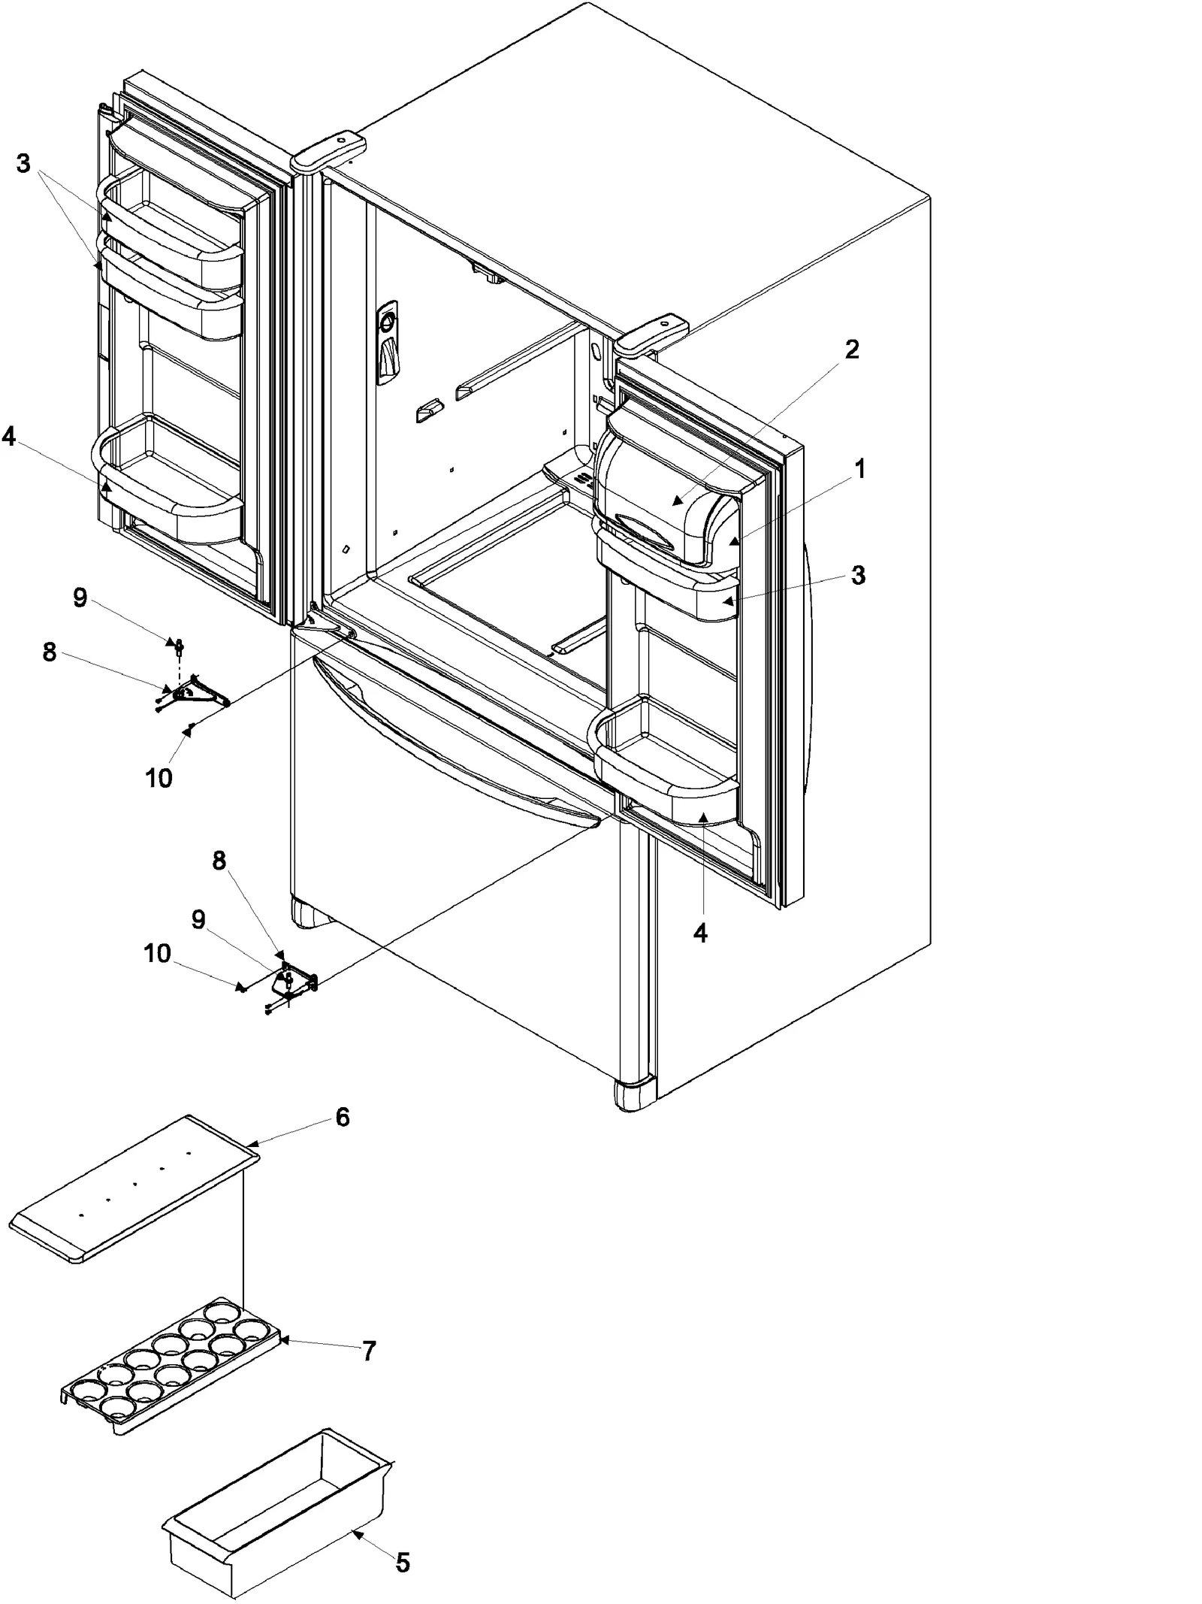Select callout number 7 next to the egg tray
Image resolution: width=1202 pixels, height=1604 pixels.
[x=368, y=1351]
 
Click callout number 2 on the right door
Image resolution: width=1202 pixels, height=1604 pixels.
[x=851, y=349]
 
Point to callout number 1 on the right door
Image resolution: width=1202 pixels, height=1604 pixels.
[x=860, y=469]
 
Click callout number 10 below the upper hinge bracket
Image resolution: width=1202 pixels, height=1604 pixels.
[x=159, y=778]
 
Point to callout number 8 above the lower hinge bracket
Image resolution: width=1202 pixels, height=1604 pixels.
[x=219, y=861]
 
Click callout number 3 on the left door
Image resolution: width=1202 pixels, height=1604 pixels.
[x=23, y=162]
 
